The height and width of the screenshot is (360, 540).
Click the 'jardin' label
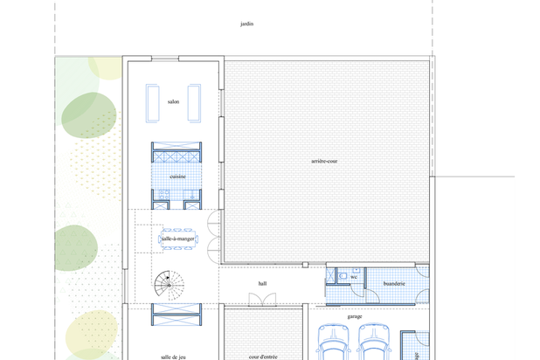tap(247, 24)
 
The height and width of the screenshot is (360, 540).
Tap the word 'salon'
tap(173, 101)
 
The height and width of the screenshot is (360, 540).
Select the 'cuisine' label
tap(177, 177)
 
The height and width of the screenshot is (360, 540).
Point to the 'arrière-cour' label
tap(324, 161)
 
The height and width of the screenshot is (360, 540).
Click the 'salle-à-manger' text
tap(178, 239)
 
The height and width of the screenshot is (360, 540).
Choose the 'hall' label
tap(262, 283)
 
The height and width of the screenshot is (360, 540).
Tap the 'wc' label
tap(354, 277)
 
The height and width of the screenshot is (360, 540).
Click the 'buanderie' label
tap(394, 284)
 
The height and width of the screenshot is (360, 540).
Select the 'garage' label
tap(355, 316)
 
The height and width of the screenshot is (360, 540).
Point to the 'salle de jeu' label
tap(173, 357)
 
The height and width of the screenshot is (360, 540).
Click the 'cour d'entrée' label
tap(263, 357)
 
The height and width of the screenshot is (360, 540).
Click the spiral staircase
tap(169, 285)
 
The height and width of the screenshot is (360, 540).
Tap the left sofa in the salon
tap(153, 103)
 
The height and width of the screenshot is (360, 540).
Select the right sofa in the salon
tap(194, 103)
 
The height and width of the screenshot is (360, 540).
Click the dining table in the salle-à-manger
tap(178, 239)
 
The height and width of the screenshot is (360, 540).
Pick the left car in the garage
tap(333, 342)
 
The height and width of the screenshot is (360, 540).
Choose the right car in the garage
tap(374, 342)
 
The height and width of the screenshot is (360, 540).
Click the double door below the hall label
tap(262, 300)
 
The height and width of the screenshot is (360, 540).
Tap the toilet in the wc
tap(343, 276)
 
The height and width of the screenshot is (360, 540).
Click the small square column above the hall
tap(305, 265)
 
